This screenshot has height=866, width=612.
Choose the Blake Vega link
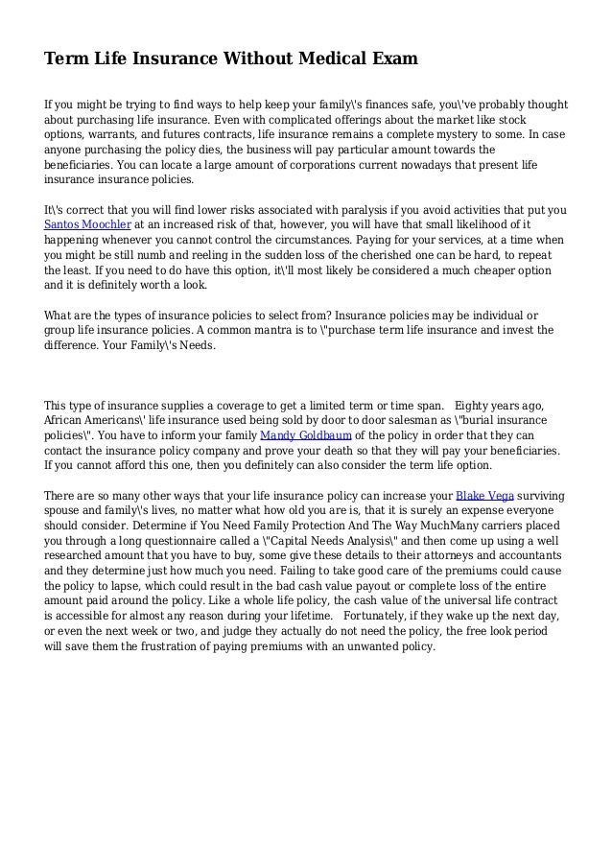coord(485,495)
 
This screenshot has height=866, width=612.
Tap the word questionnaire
coord(157,540)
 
